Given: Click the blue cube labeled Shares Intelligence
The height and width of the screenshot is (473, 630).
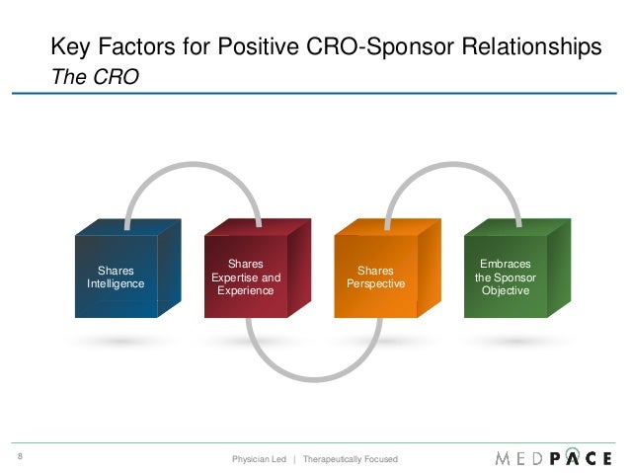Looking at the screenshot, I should pyautogui.click(x=116, y=276).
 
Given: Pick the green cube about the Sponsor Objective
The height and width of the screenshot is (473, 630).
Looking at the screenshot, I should pyautogui.click(x=506, y=277).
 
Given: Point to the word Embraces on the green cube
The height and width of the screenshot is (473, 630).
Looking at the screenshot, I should pyautogui.click(x=505, y=264).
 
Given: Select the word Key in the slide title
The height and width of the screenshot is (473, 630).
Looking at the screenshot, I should pyautogui.click(x=70, y=46).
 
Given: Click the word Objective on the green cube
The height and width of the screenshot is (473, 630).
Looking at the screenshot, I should pyautogui.click(x=505, y=291).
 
